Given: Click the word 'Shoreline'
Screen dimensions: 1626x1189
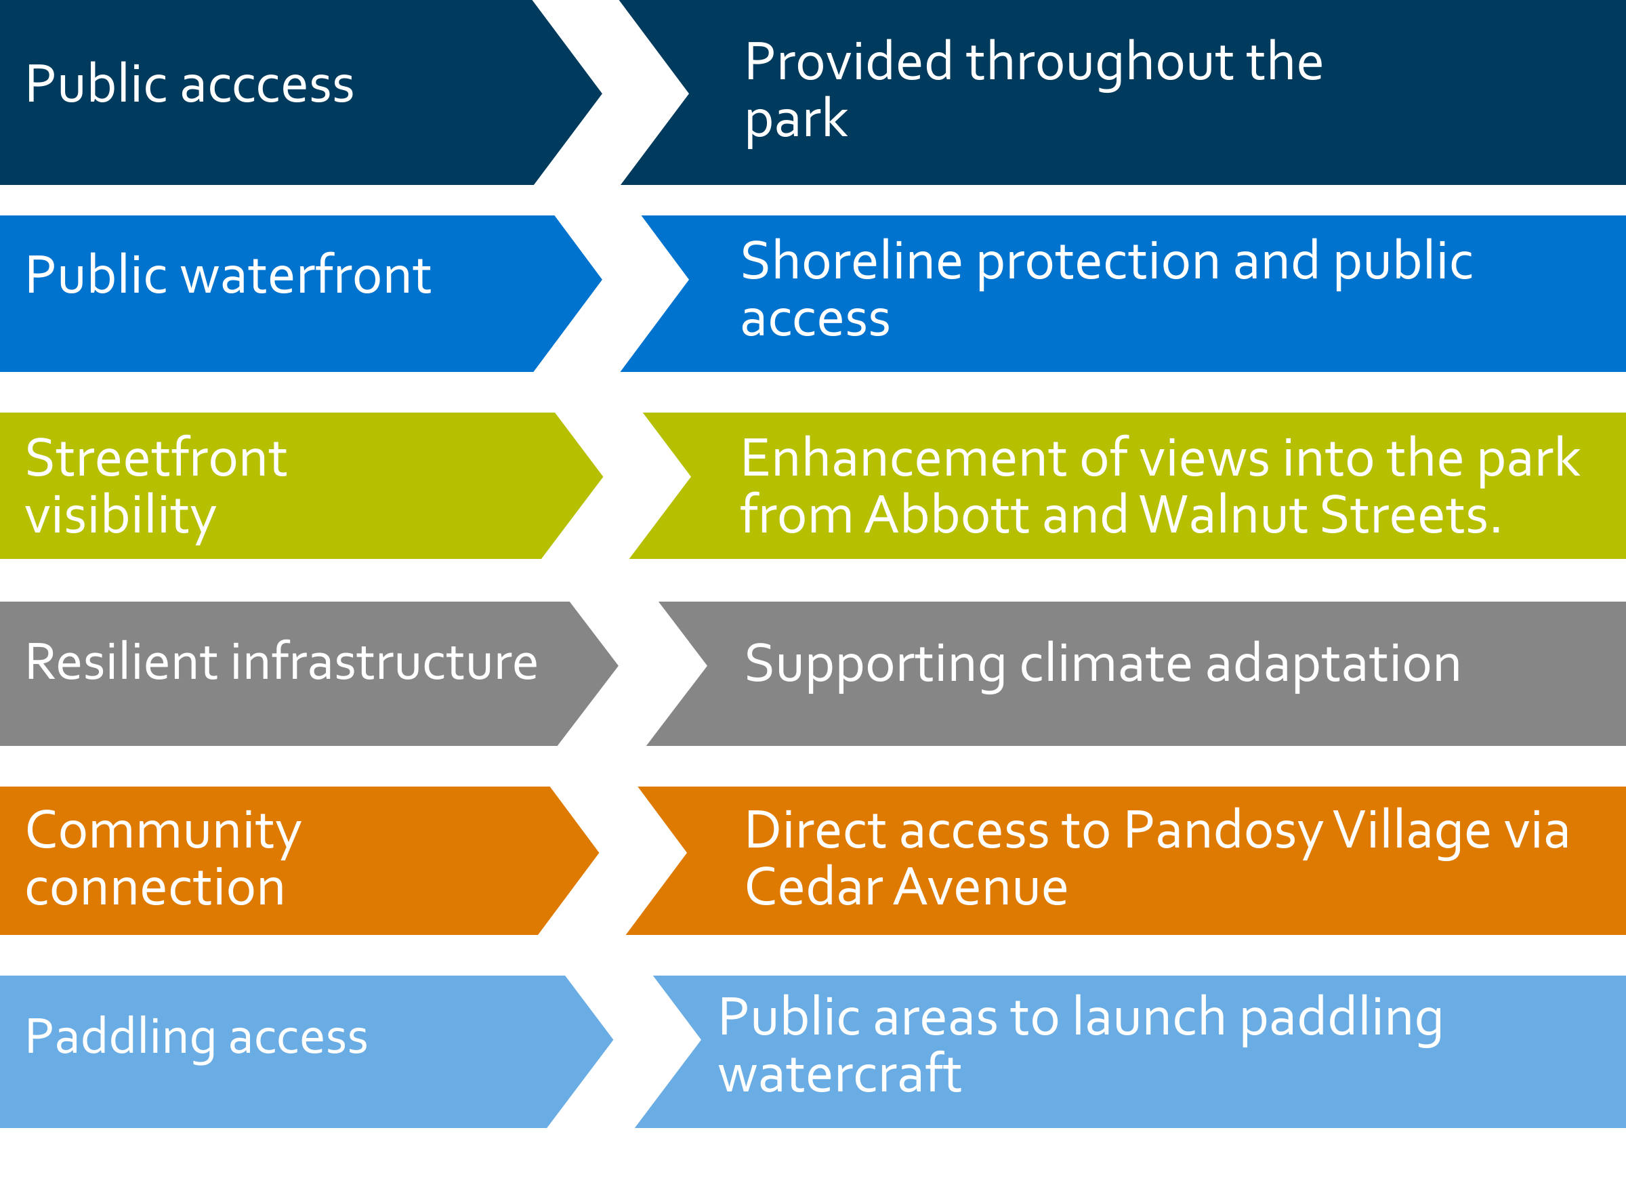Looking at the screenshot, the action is (852, 261).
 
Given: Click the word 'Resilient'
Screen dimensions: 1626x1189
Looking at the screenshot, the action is (121, 661).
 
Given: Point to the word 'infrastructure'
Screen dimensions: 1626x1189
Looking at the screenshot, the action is (383, 661).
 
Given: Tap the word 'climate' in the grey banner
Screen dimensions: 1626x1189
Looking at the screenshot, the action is (1106, 663).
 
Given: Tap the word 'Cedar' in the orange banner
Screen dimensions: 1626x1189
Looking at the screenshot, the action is (814, 887).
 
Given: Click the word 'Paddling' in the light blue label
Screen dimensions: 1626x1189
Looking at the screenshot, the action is (120, 1039).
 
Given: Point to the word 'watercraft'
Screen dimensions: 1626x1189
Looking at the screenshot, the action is (839, 1073).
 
